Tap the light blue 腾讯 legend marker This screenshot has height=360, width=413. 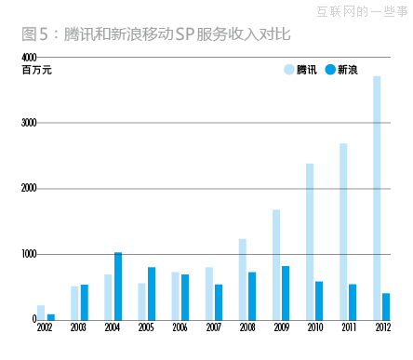point(288,70)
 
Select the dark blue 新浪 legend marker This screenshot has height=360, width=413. point(329,70)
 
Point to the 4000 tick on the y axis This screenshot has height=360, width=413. point(30,59)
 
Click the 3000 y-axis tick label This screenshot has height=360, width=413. point(30,123)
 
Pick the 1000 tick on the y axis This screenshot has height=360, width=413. point(30,253)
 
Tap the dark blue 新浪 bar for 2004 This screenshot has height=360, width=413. point(117,286)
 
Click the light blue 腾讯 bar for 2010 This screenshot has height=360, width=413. point(310,241)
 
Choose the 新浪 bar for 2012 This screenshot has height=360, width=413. point(386,306)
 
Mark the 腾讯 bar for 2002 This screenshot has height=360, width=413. point(41,312)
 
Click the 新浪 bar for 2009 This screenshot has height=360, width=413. point(286,292)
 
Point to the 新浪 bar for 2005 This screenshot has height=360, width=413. point(151,293)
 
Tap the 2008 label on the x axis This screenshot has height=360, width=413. point(247,327)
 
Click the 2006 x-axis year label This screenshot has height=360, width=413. point(180,327)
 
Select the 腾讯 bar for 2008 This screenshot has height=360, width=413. point(243,279)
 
